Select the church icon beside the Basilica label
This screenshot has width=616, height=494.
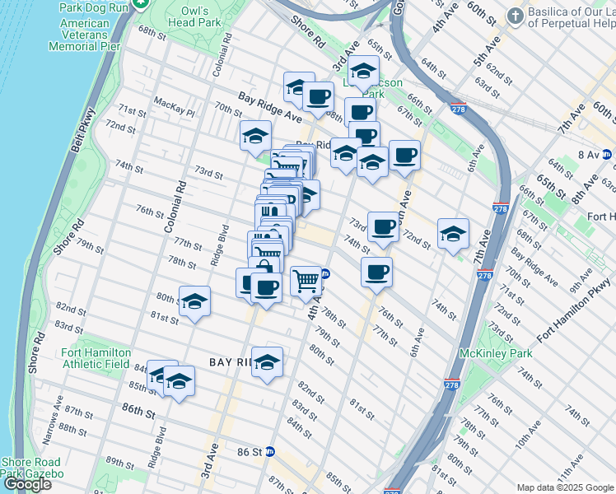coord(514,16)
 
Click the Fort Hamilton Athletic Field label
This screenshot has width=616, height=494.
coord(96,358)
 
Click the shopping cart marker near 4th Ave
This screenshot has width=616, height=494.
coord(306,281)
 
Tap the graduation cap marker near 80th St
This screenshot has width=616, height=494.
coord(194,301)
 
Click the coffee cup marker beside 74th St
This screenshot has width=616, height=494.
coord(376,271)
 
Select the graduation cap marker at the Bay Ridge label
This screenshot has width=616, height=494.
coord(267,362)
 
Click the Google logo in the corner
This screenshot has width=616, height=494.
coord(27,485)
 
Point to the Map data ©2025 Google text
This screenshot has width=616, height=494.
coord(564,487)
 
